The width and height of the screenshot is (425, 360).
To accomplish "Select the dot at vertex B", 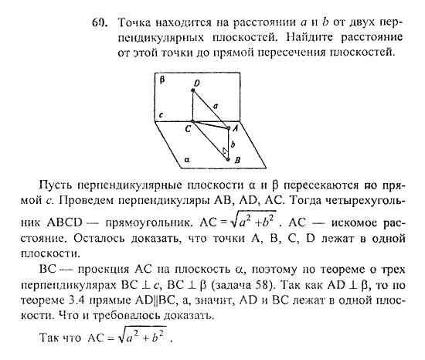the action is point(227,159).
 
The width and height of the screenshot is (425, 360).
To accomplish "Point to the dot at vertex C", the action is point(193,123).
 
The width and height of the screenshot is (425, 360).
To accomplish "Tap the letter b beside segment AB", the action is point(233,144).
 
